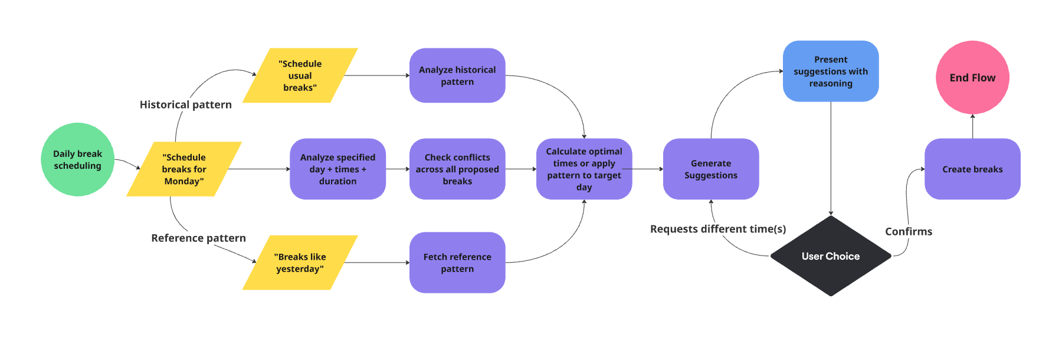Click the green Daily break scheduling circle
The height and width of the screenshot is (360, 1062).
coord(77,159)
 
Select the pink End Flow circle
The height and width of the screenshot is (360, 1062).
coord(972,77)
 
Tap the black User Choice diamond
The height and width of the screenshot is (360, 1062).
coord(830,256)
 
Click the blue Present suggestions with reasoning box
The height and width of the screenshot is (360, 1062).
coord(830,71)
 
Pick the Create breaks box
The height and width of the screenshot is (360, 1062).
coord(972,169)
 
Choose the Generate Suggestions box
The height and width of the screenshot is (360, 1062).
coord(710,169)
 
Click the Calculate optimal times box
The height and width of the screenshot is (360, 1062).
coord(584,169)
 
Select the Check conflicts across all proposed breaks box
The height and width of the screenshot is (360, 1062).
coord(457,169)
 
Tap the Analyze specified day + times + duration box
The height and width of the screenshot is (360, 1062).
coord(337,169)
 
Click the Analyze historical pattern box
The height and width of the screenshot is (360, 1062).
coord(457,76)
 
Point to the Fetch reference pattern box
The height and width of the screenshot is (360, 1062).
coord(457,263)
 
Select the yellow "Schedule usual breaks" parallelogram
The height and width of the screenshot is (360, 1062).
coord(300,76)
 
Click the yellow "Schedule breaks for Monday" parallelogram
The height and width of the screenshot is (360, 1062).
coord(184,169)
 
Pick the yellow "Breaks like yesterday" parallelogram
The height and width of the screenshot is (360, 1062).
coord(300,263)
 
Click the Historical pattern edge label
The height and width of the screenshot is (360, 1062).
coord(185,104)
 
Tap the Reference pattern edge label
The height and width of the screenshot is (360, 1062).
coord(198,238)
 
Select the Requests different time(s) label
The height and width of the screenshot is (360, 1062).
coord(717,229)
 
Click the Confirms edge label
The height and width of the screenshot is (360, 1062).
coord(908,231)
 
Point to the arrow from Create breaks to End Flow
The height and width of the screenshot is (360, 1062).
coord(972,126)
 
